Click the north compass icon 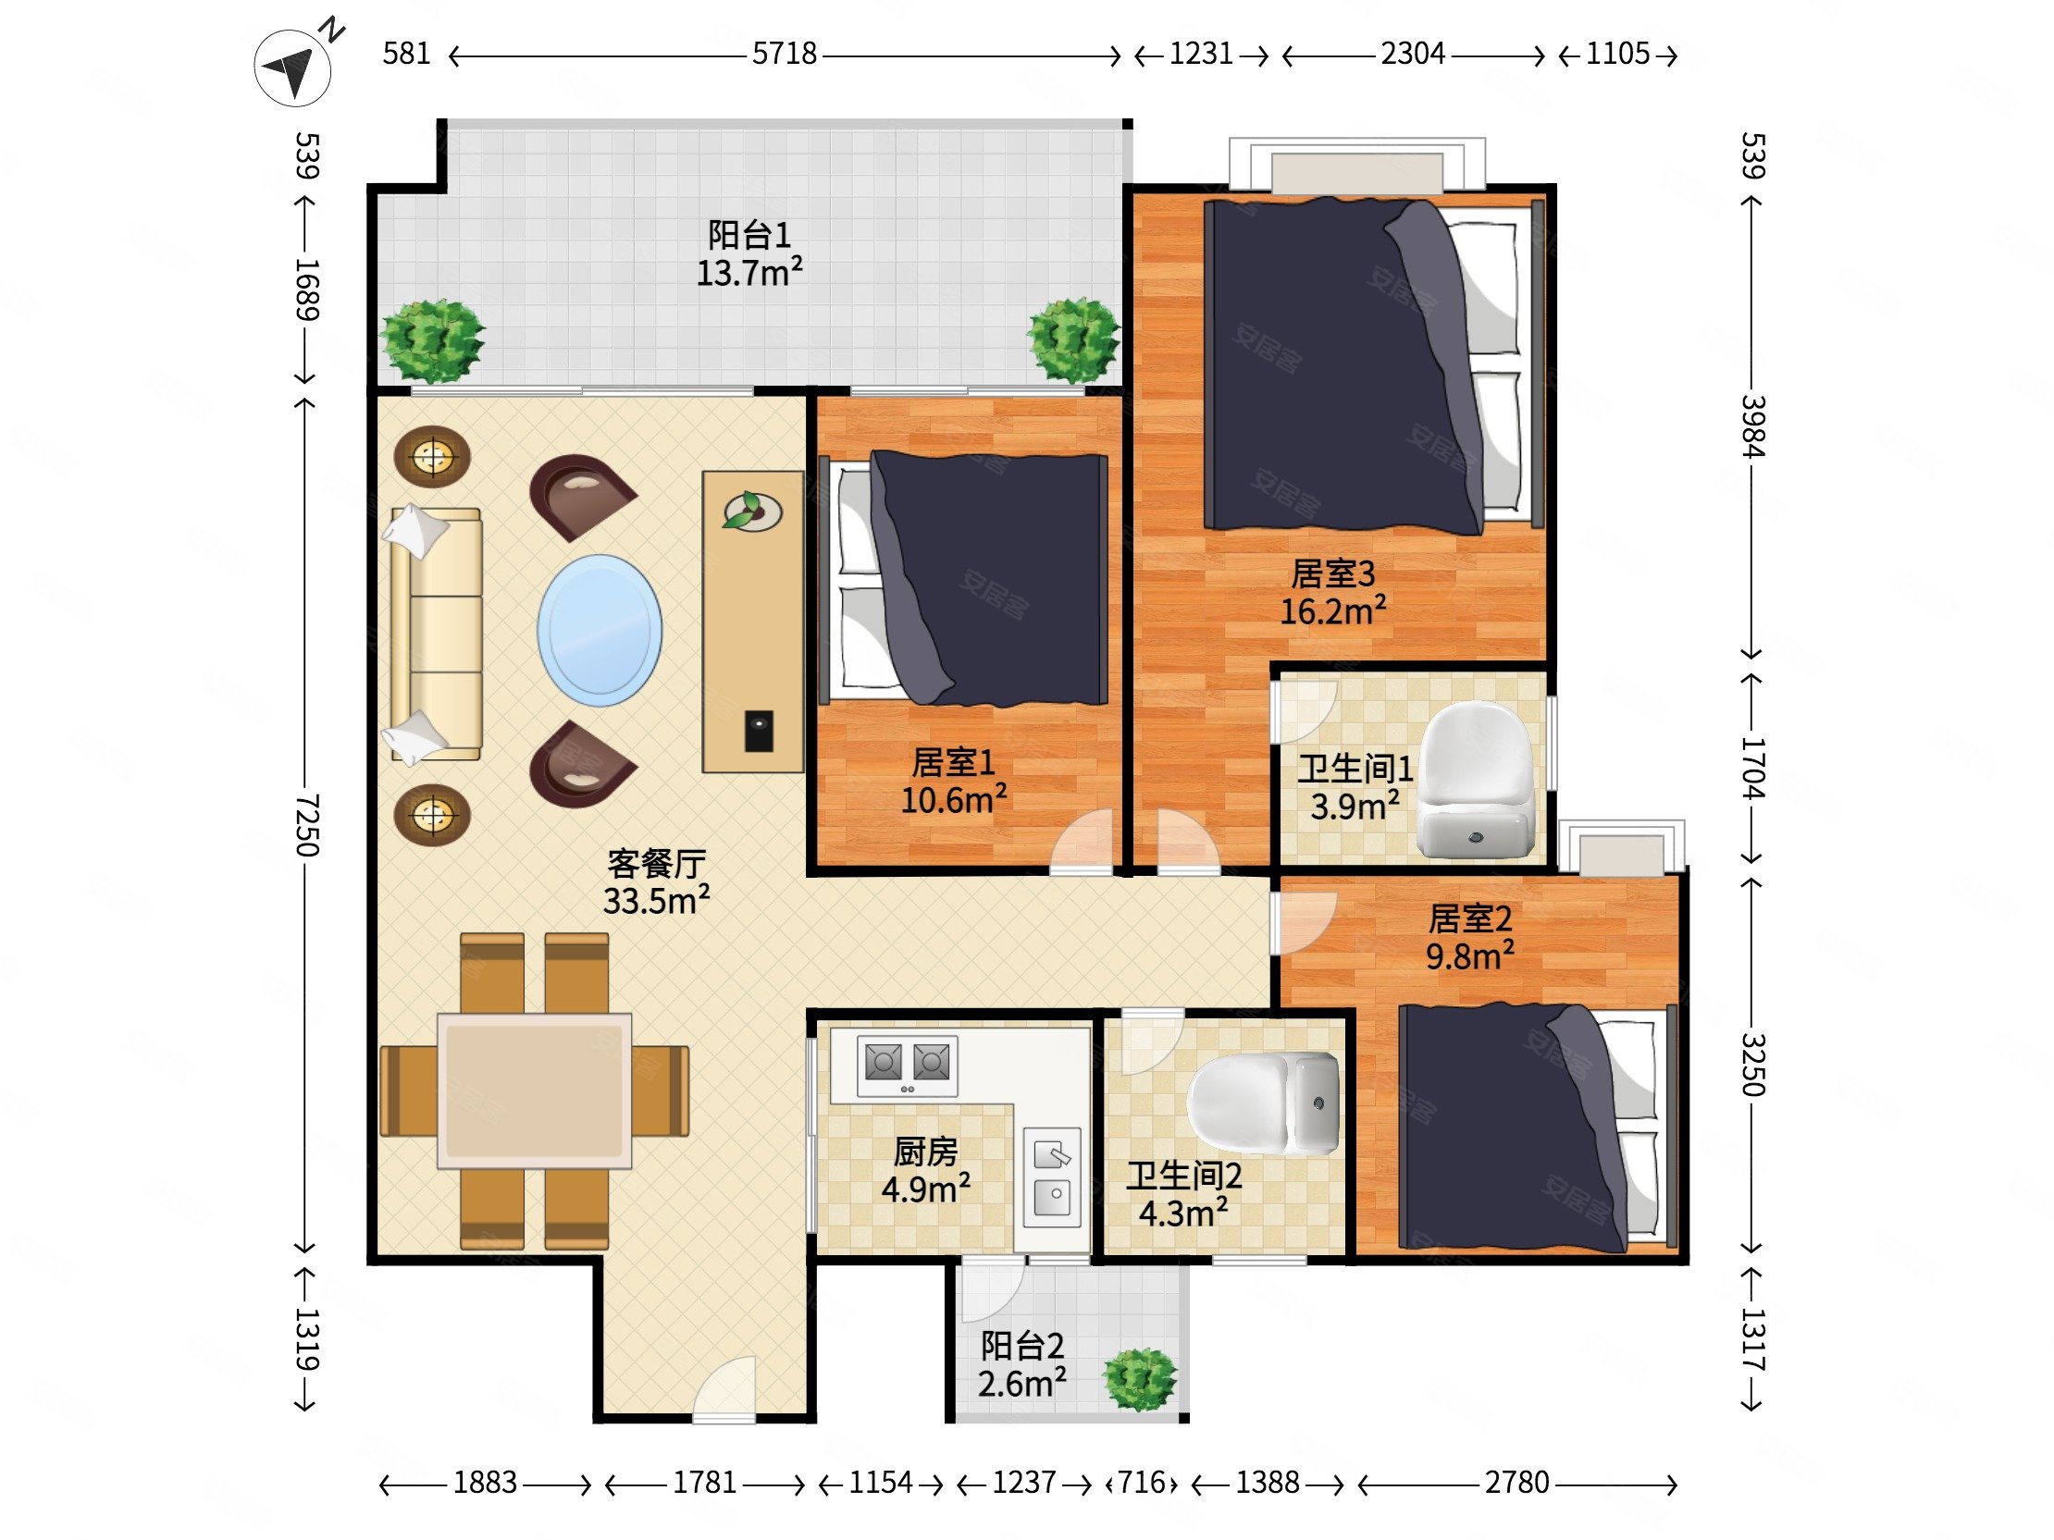click(293, 66)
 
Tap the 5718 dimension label click(785, 54)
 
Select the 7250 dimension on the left click(306, 825)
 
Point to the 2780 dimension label click(1517, 1483)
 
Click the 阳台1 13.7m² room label click(749, 253)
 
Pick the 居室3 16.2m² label click(1333, 592)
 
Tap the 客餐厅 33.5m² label click(657, 881)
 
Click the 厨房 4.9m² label click(926, 1170)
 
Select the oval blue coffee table click(600, 630)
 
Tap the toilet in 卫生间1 click(1475, 781)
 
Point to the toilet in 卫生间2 click(1264, 1103)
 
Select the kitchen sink click(1052, 1174)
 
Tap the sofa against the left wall click(436, 634)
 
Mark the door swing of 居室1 click(1081, 840)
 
